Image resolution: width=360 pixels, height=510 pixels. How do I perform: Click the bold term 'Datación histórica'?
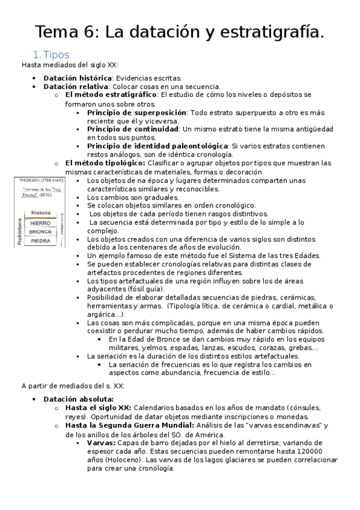pyautogui.click(x=78, y=78)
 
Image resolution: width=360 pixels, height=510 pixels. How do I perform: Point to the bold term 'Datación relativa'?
pyautogui.click(x=75, y=87)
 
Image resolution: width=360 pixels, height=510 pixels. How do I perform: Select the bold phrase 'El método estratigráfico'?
pyautogui.click(x=111, y=95)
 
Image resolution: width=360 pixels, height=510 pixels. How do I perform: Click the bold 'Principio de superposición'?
pyautogui.click(x=136, y=112)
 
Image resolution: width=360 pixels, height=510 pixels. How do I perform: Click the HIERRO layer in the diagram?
pyautogui.click(x=40, y=223)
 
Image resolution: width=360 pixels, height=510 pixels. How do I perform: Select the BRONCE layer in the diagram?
pyautogui.click(x=40, y=232)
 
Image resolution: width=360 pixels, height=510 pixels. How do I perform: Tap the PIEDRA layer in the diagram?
pyautogui.click(x=40, y=241)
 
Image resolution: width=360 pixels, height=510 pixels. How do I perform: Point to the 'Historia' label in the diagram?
pyautogui.click(x=40, y=213)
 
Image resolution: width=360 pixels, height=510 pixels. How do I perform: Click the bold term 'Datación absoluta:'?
pyautogui.click(x=79, y=399)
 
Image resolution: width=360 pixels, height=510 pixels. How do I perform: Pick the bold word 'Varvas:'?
pyautogui.click(x=101, y=443)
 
